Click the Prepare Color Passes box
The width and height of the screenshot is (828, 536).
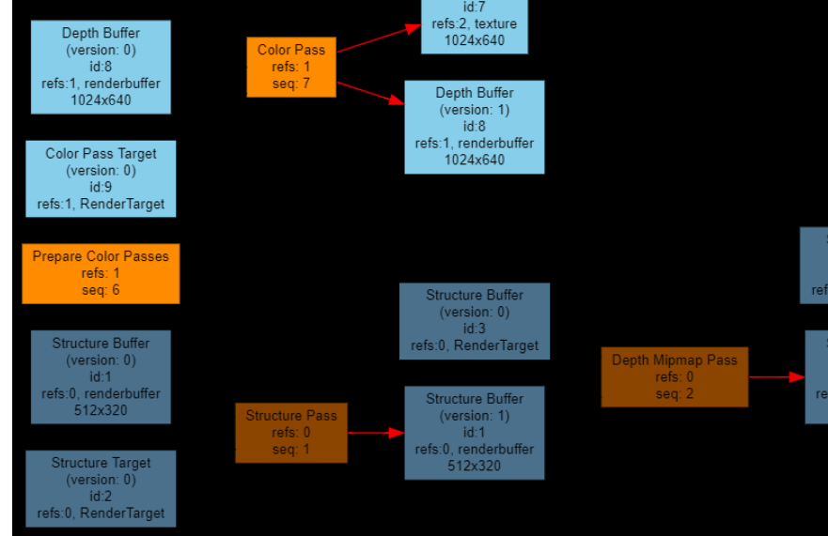pos(101,273)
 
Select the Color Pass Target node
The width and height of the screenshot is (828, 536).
pos(101,178)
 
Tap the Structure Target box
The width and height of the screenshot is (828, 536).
pos(101,488)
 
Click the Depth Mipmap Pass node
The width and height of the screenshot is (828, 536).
pos(674,376)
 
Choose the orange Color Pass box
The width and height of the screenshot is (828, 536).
pos(291,67)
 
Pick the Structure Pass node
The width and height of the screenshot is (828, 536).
pos(291,433)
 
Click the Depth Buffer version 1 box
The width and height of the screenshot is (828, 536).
pos(475,127)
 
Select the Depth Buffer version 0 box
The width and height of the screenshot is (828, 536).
pos(101,67)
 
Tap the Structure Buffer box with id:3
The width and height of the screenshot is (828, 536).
pos(475,321)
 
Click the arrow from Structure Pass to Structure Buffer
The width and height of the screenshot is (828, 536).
pos(375,433)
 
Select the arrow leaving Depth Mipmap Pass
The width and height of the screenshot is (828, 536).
pos(776,377)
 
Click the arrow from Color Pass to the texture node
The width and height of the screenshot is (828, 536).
pos(378,38)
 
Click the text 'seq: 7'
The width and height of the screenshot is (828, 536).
pos(291,84)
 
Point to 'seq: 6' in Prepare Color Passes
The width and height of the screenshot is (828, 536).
pos(101,290)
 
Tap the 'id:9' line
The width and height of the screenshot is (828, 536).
pos(101,187)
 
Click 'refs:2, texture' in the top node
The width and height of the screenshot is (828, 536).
pos(475,23)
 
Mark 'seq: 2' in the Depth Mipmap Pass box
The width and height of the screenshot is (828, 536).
pos(674,393)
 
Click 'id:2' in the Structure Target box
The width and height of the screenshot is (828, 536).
pos(101,497)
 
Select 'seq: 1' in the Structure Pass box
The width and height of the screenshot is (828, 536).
pos(291,450)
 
